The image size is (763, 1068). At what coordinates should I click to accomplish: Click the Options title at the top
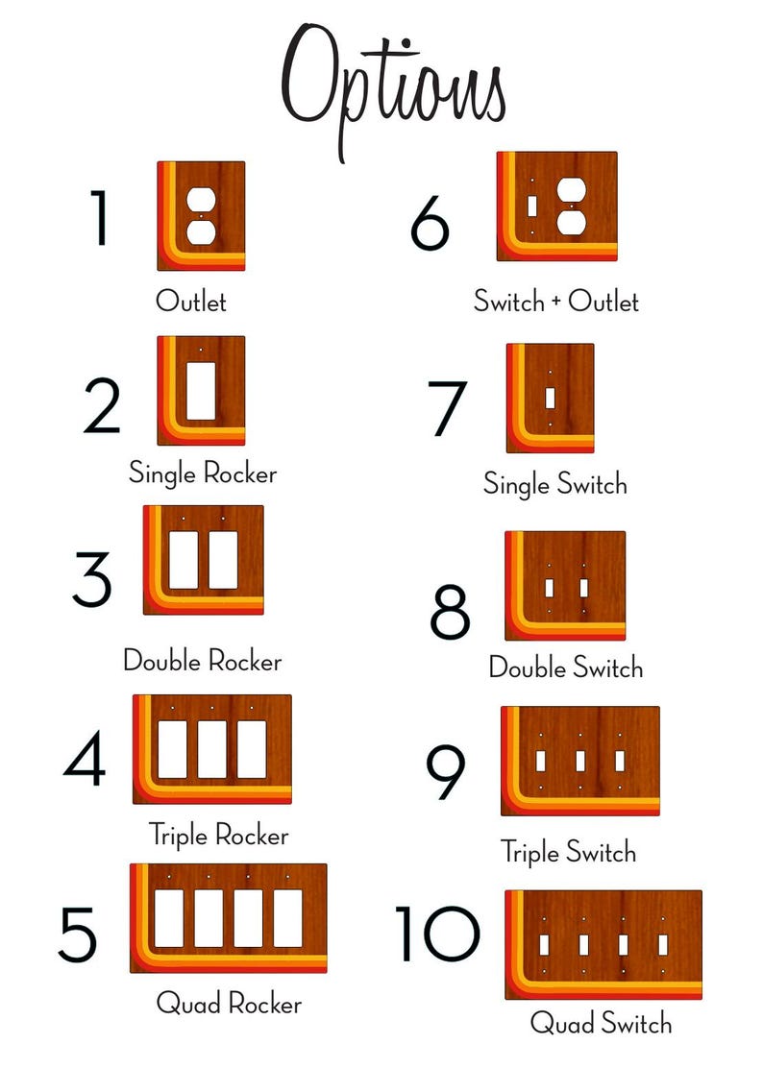(394, 88)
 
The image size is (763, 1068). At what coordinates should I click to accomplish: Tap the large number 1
(100, 217)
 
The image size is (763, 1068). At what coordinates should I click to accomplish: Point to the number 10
(437, 934)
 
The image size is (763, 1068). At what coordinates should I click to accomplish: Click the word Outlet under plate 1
(190, 301)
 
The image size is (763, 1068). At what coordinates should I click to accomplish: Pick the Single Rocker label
(203, 473)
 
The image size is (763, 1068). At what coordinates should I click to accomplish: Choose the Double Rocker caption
(203, 661)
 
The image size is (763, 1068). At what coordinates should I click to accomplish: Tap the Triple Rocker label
(219, 835)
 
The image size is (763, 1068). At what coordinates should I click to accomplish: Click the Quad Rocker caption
(229, 1004)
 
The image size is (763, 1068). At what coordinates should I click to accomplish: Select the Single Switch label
(555, 484)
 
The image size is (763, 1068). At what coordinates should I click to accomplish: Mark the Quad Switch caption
(601, 1023)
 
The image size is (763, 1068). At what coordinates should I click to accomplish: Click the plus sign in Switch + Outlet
(555, 301)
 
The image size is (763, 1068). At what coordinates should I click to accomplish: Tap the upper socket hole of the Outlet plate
(201, 200)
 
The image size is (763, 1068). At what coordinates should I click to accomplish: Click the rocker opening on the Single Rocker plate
(201, 391)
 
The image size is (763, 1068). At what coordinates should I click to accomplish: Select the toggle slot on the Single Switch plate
(550, 398)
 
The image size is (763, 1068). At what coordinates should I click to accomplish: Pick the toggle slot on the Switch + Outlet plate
(532, 206)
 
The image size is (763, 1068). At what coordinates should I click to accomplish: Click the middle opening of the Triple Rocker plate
(211, 749)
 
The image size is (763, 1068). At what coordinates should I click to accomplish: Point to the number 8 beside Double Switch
(450, 611)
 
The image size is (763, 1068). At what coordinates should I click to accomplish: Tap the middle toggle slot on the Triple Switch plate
(580, 761)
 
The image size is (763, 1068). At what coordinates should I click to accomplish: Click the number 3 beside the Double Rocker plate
(92, 579)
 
